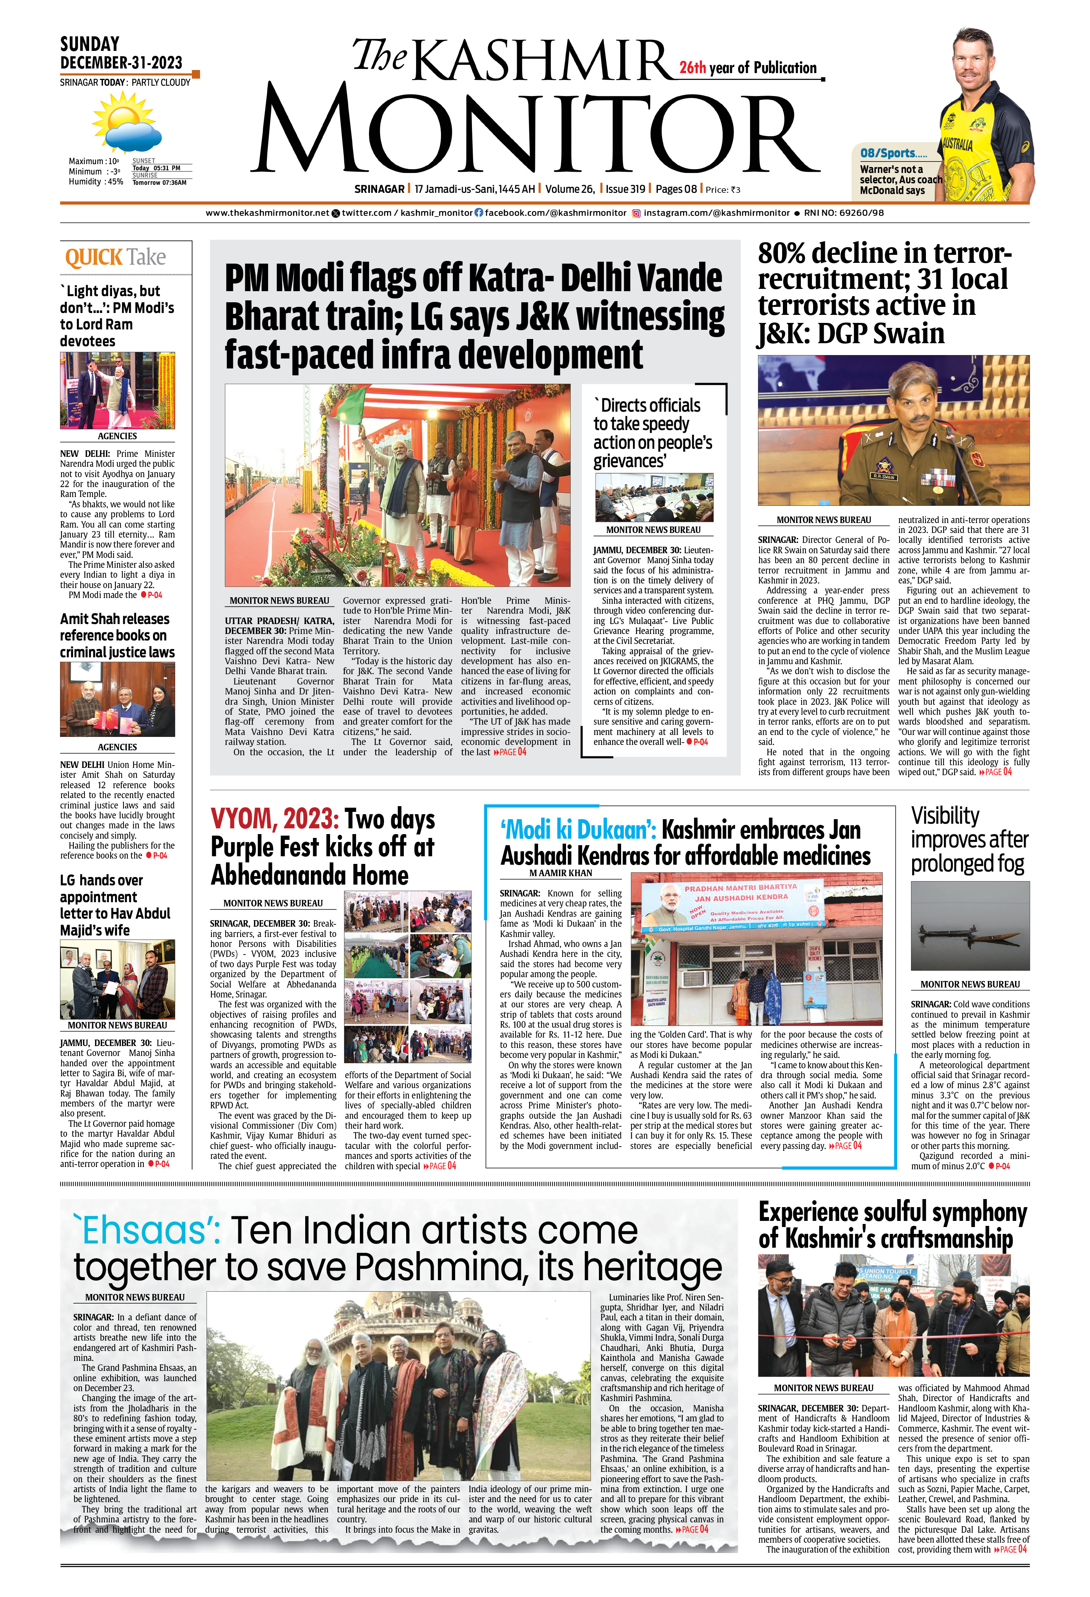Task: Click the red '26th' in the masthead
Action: click(692, 67)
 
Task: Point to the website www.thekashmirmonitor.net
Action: click(267, 213)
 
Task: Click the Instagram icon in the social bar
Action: click(636, 214)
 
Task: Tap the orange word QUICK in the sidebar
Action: click(93, 258)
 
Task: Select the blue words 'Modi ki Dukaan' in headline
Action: click(577, 830)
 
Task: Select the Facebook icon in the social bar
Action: click(479, 213)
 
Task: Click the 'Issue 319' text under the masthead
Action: click(625, 189)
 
